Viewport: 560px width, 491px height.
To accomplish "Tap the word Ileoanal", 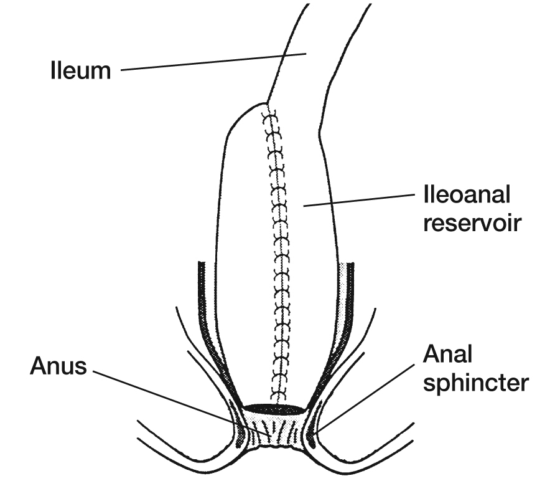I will coord(467,195).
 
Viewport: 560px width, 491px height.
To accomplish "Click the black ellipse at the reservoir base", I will coord(274,409).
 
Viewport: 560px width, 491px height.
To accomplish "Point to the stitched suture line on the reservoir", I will coord(278,249).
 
